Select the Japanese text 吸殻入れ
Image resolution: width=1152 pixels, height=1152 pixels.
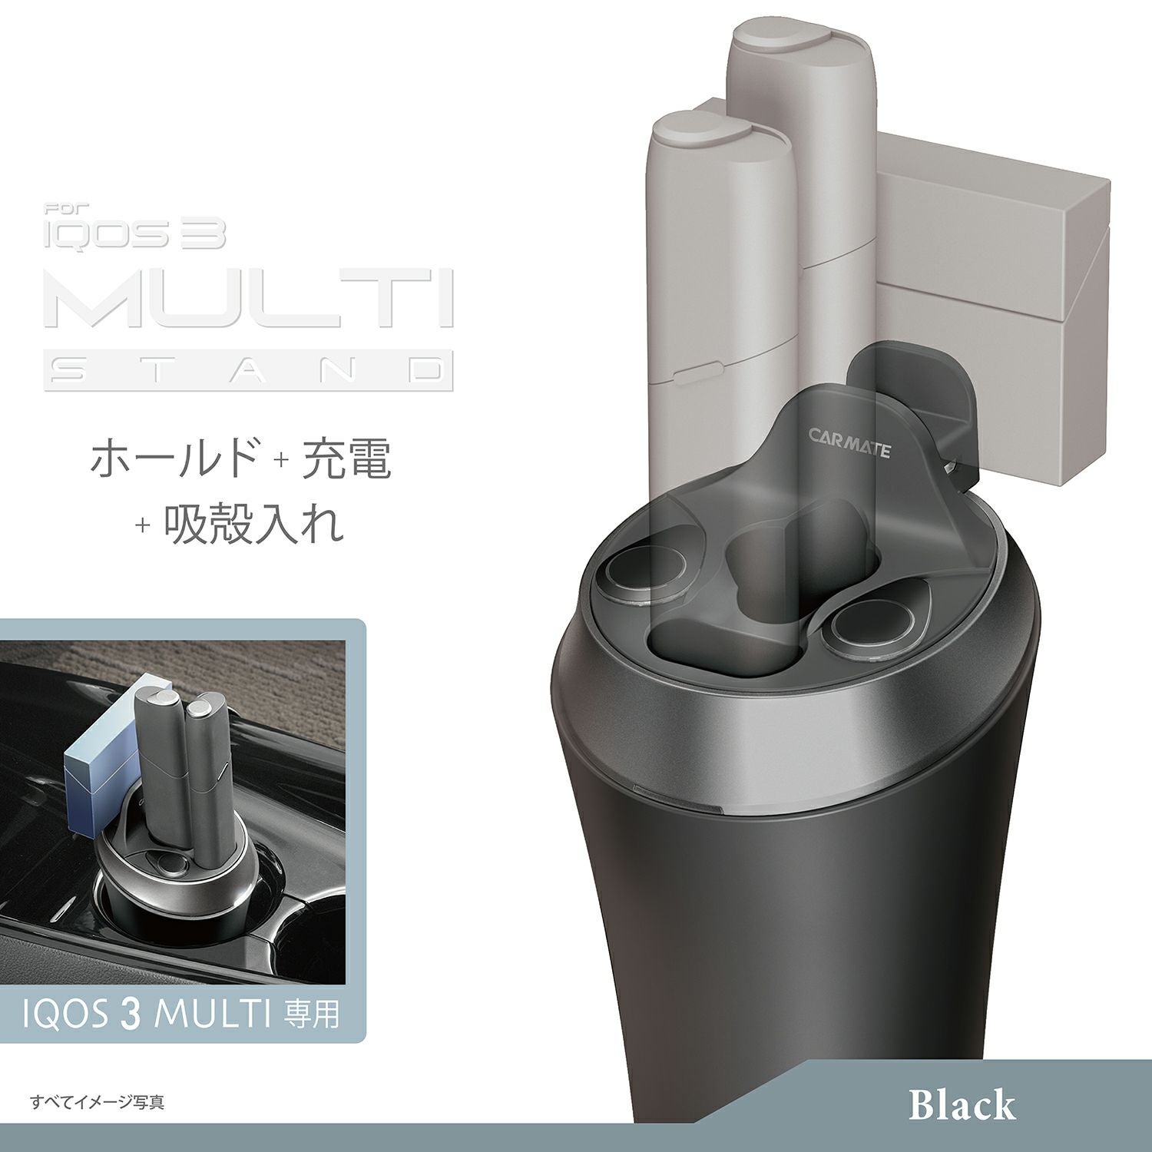coord(253,525)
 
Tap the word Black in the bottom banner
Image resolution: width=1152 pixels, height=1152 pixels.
coord(962,1105)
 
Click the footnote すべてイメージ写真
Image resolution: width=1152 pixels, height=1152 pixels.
coord(97,1103)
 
